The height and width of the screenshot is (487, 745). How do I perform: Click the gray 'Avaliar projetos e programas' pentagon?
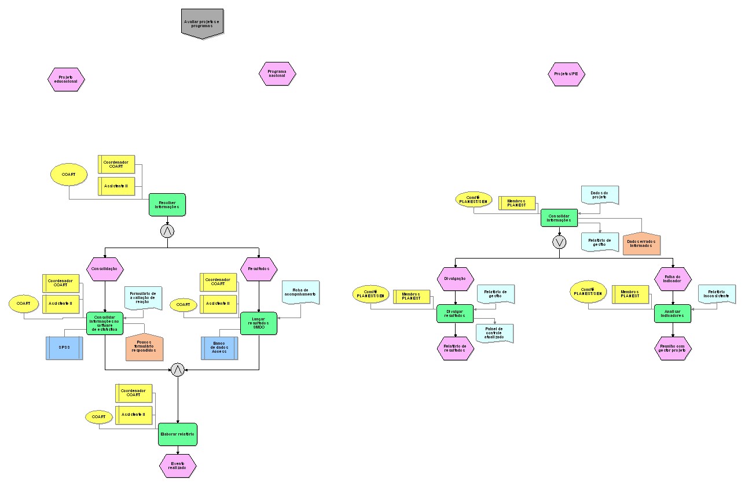point(202,23)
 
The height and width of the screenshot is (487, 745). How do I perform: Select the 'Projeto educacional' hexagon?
point(66,79)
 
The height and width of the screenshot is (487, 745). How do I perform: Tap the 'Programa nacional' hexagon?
point(277,74)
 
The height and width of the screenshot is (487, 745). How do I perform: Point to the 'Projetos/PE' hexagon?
point(566,74)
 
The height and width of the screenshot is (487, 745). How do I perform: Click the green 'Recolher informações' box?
point(167,205)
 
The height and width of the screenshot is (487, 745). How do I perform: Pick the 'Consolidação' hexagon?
point(105,268)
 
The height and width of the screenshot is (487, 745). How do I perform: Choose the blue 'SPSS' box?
point(64,348)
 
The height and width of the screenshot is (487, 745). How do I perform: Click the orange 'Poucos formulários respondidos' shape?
point(144,347)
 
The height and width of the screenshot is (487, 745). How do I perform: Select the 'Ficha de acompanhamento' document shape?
point(300,293)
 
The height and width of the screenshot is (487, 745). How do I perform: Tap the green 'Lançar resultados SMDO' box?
point(259,323)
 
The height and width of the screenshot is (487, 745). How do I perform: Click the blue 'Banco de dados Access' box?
point(219,348)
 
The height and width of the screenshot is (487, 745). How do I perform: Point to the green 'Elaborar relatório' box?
point(178,434)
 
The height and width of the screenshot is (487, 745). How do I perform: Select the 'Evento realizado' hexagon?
point(178,466)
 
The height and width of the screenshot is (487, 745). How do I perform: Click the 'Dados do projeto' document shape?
point(600,195)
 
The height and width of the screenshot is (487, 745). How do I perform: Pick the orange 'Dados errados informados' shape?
point(642,244)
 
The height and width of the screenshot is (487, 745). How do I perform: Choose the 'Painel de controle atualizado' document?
point(494,334)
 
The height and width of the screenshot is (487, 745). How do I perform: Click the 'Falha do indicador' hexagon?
point(673,279)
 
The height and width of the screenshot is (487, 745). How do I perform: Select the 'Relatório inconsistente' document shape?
point(717,295)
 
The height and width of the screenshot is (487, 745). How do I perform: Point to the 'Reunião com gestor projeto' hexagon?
point(673,348)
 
